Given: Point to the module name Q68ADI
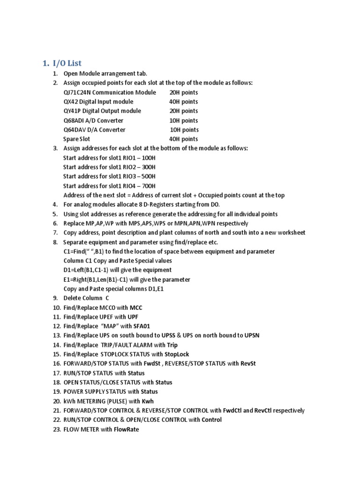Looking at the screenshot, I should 74,120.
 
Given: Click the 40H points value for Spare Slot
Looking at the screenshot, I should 183,139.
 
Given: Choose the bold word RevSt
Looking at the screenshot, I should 248,364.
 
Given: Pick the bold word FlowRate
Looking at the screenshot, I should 127,429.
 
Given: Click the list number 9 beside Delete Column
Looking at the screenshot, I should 55,298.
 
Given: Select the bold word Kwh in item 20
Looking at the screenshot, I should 148,401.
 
